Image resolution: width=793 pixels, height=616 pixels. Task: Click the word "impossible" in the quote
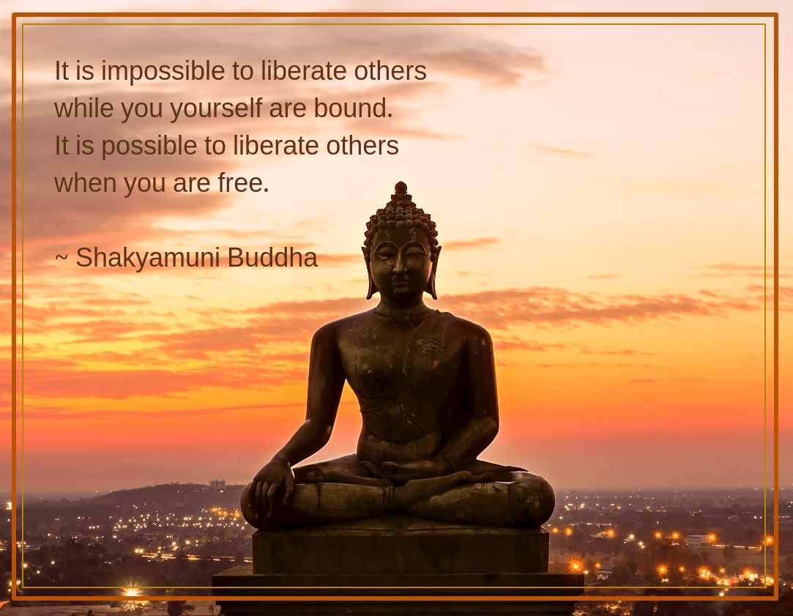tap(163, 72)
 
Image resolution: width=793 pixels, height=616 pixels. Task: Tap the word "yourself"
tap(216, 109)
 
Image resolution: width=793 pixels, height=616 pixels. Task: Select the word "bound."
tap(353, 108)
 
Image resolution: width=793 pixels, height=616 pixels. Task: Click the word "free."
tap(243, 182)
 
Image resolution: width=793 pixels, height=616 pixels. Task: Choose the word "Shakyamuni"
tap(148, 259)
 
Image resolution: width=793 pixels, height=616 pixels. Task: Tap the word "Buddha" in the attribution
tap(272, 257)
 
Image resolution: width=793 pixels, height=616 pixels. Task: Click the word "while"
tap(83, 108)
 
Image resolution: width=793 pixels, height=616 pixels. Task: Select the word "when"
tap(86, 182)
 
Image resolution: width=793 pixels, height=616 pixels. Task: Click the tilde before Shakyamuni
tap(62, 257)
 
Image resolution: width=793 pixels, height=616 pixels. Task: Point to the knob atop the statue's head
tap(401, 188)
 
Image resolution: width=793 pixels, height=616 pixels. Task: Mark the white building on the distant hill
tap(217, 484)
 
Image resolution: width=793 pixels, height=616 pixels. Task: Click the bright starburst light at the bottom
tap(132, 591)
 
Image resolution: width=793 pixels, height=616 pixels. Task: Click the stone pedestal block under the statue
tap(401, 552)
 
